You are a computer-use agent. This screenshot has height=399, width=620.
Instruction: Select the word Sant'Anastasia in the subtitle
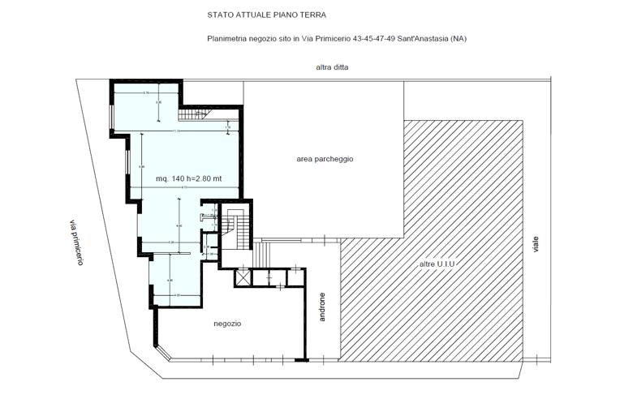coord(425,39)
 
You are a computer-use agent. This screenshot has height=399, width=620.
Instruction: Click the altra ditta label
coord(332,67)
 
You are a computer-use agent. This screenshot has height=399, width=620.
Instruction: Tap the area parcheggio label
coord(325,159)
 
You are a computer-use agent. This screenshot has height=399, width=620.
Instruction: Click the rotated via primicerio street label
coord(75,242)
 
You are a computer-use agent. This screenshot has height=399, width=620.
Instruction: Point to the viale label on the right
coord(536,243)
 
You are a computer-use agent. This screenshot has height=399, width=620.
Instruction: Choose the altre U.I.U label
coord(437,265)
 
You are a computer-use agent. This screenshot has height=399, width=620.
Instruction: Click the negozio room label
coord(227,324)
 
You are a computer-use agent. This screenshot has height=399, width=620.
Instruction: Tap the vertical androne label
coord(322,307)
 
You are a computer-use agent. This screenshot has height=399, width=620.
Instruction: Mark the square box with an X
coord(242,277)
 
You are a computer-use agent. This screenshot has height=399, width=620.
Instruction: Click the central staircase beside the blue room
coord(236,227)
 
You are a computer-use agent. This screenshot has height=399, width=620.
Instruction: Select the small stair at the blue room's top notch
coord(192,115)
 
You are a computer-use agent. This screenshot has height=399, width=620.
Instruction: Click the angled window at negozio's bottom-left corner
coord(162,351)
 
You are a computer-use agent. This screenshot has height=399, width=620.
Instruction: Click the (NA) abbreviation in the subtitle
coord(459,39)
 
